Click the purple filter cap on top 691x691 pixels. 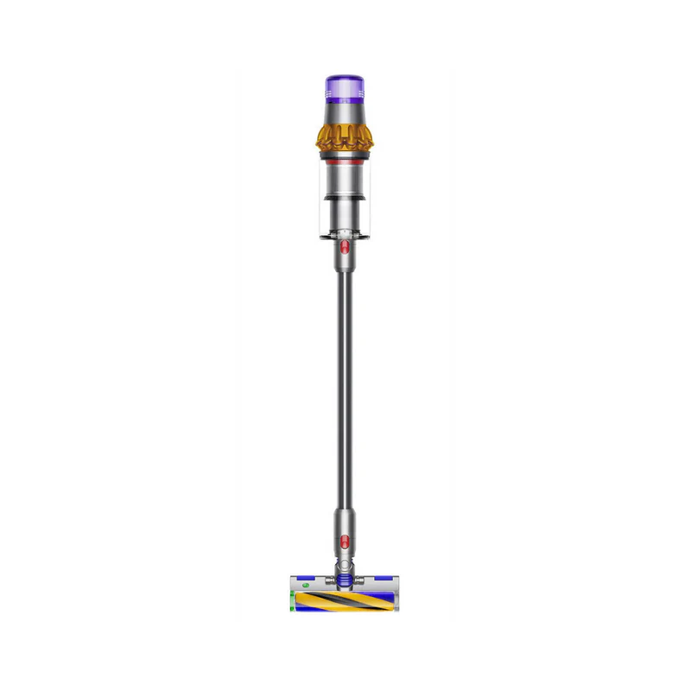pos(344,87)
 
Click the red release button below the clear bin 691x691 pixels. pos(344,249)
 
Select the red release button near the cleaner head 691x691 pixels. pos(344,542)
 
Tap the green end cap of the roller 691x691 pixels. pos(292,601)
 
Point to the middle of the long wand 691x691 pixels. pos(344,389)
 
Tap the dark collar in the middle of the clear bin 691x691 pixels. pos(344,199)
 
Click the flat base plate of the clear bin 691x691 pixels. pos(344,234)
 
